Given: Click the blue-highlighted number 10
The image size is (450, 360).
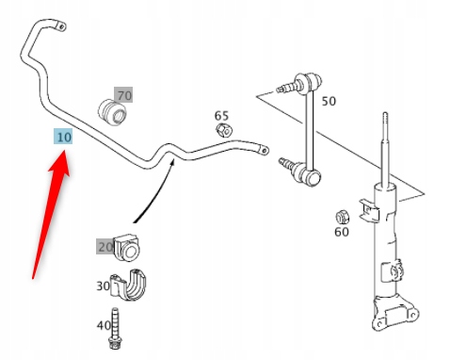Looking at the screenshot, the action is pyautogui.click(x=63, y=137).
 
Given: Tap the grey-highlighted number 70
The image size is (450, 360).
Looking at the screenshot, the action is pyautogui.click(x=123, y=95).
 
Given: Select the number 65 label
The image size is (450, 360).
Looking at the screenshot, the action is pyautogui.click(x=221, y=116).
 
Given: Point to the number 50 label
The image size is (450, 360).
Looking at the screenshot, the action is pyautogui.click(x=329, y=101).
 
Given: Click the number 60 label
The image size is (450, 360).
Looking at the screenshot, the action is pyautogui.click(x=342, y=232).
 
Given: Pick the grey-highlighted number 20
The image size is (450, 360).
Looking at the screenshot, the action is pyautogui.click(x=104, y=246).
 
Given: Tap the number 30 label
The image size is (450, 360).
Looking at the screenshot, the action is pyautogui.click(x=103, y=286).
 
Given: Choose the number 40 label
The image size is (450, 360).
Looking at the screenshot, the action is pyautogui.click(x=104, y=325).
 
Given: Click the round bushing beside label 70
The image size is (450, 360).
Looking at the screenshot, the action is pyautogui.click(x=112, y=112).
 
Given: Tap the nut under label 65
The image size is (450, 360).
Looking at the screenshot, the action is pyautogui.click(x=224, y=130).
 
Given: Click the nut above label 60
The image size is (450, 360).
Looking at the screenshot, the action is pyautogui.click(x=343, y=217).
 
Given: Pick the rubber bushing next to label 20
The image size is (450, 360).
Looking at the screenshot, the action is pyautogui.click(x=128, y=248).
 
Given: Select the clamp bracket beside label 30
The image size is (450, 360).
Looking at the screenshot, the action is pyautogui.click(x=128, y=285).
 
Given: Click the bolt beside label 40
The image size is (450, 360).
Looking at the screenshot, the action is pyautogui.click(x=115, y=328).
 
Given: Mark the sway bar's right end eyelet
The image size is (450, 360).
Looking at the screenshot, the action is pyautogui.click(x=263, y=151).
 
